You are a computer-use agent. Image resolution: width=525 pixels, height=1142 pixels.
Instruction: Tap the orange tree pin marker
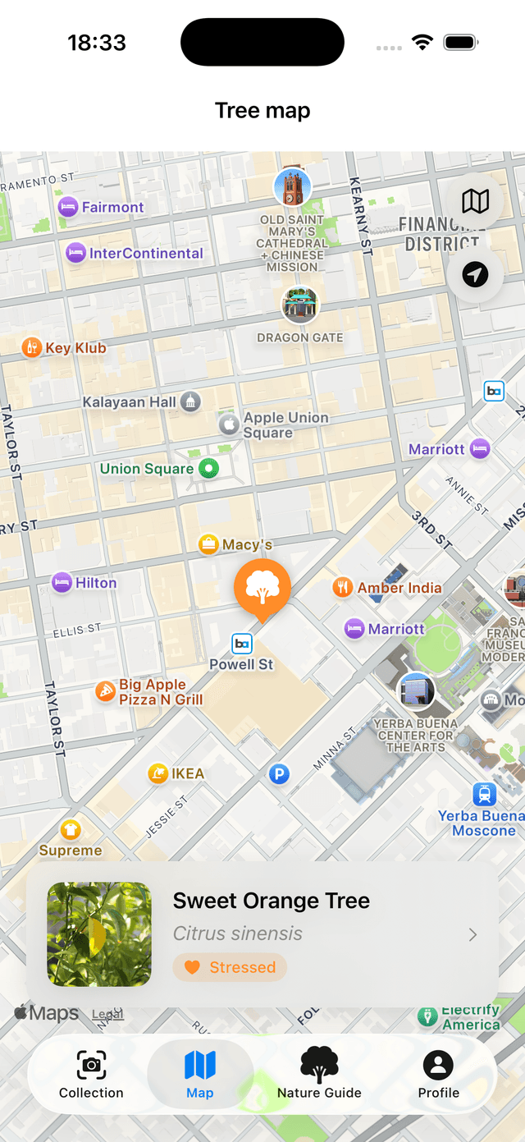(262, 588)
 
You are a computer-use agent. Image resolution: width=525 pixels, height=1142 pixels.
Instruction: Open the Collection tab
(91, 1075)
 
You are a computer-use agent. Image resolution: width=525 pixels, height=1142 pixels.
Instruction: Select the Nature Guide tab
(319, 1075)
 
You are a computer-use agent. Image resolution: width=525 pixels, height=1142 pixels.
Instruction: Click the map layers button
(475, 200)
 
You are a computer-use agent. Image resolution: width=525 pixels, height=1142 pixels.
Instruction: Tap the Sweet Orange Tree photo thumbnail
(99, 934)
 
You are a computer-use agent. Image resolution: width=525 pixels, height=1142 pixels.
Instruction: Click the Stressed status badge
(230, 967)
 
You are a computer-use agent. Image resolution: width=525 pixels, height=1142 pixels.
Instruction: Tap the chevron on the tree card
(472, 934)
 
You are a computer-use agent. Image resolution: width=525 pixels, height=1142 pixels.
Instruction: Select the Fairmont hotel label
(112, 208)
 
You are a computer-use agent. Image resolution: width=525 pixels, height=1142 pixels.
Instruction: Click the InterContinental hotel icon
(75, 253)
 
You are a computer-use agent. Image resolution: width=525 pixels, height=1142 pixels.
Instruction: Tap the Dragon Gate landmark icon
(300, 305)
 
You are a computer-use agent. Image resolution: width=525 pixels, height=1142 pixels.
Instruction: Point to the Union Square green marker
(210, 469)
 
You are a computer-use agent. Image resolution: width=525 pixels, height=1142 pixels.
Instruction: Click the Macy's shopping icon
(208, 543)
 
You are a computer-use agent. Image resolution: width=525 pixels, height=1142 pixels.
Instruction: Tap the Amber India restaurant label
(399, 588)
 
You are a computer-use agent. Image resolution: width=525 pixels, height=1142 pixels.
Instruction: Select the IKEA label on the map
(187, 773)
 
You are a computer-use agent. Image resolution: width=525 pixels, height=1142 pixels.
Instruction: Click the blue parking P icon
(280, 773)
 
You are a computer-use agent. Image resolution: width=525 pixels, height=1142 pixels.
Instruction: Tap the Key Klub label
(75, 348)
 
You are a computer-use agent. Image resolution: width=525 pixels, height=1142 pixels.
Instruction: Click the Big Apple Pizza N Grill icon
(105, 691)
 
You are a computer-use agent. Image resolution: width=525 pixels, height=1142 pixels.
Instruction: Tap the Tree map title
(262, 111)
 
